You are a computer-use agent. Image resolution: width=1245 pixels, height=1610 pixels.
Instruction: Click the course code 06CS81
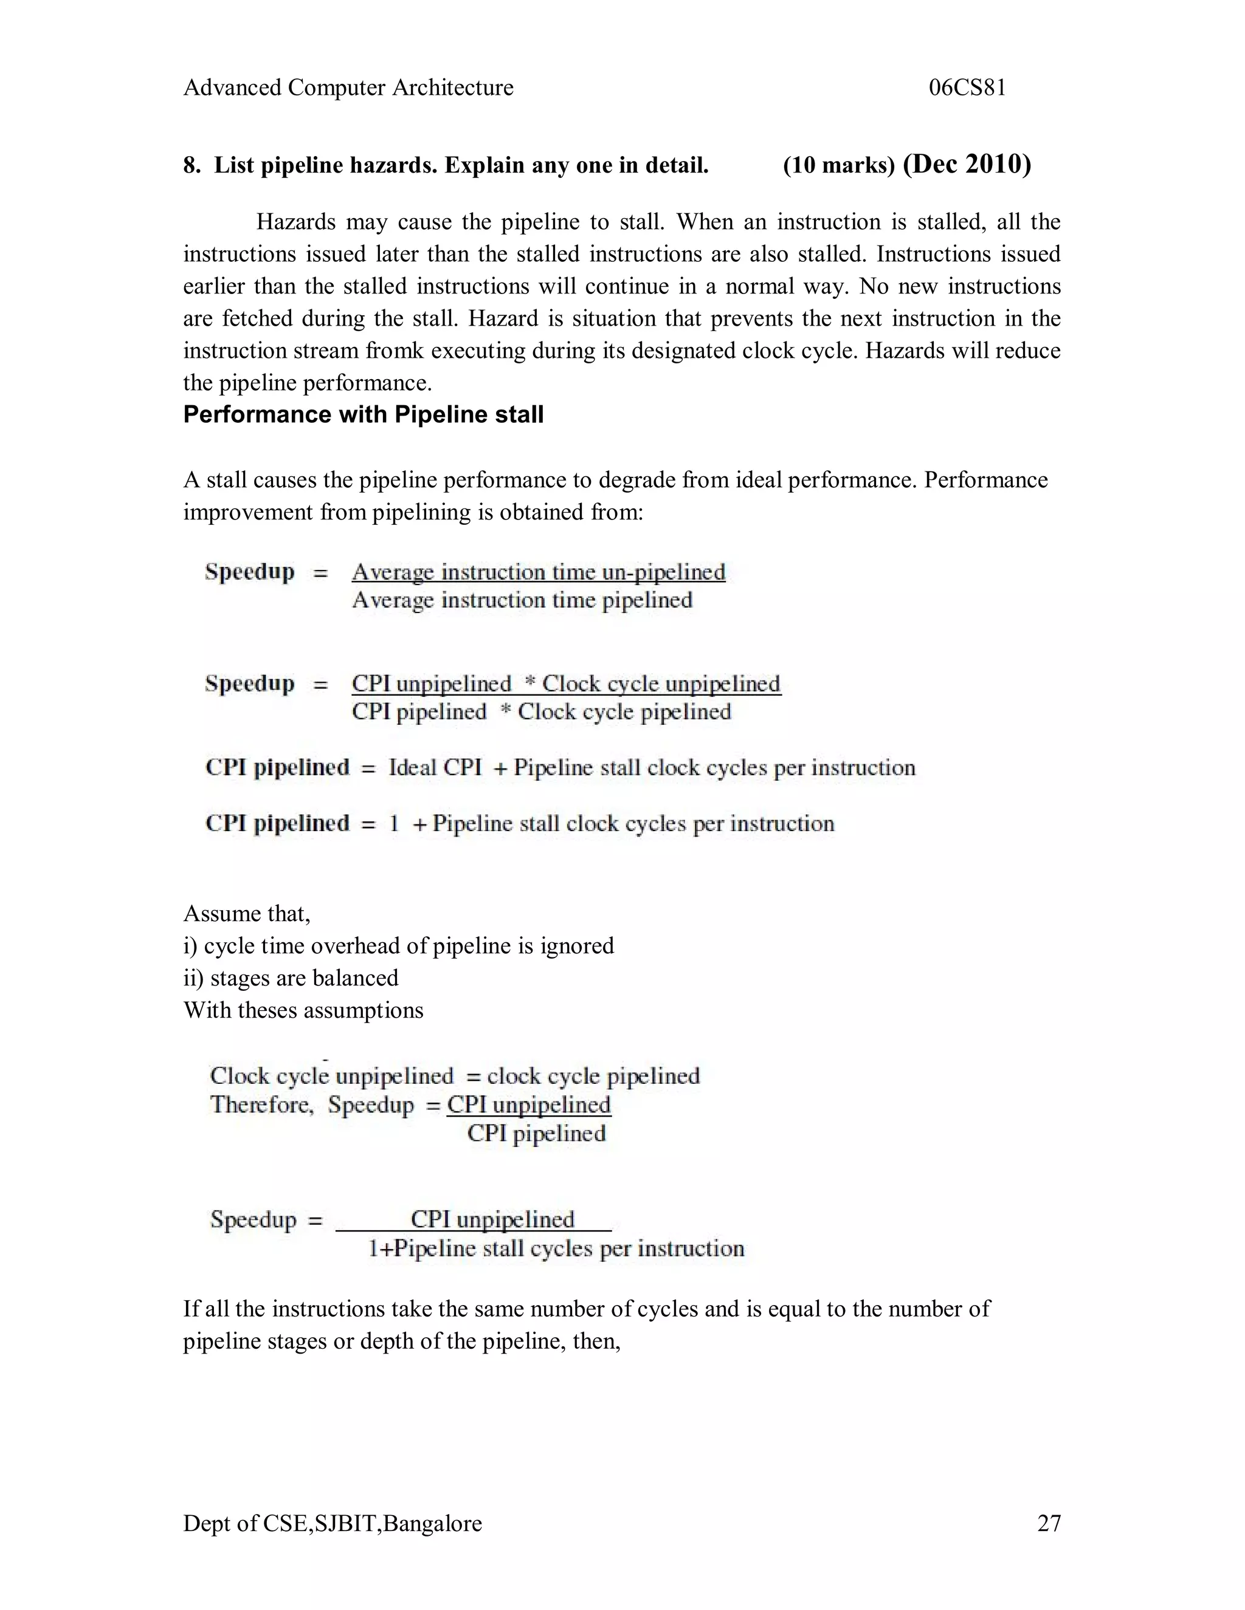(x=967, y=87)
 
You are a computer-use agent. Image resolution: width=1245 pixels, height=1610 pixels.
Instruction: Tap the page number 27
(x=1049, y=1523)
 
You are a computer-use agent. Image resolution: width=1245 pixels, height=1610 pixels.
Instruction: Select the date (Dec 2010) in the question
(x=967, y=163)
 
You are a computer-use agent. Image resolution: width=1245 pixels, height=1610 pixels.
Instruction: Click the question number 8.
(x=191, y=166)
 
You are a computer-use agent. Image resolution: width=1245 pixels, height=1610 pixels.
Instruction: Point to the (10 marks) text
(x=838, y=166)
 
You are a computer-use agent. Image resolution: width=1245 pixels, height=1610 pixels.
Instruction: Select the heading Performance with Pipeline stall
(x=363, y=414)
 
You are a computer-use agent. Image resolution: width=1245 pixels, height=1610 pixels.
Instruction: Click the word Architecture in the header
(x=452, y=87)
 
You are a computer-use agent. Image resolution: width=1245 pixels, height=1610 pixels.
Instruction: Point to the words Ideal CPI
(x=435, y=767)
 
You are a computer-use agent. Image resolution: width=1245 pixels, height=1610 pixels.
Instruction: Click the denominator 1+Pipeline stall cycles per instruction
(x=556, y=1248)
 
